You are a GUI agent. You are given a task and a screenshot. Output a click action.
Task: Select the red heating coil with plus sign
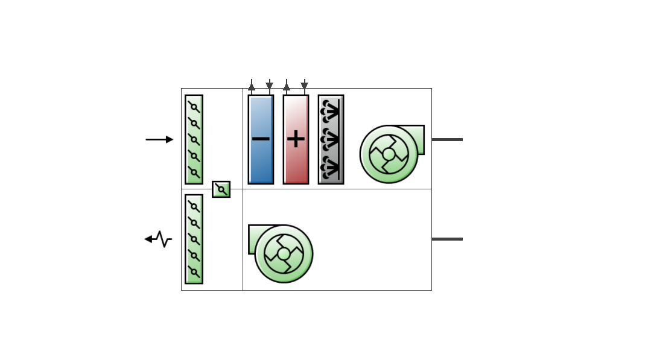(x=296, y=160)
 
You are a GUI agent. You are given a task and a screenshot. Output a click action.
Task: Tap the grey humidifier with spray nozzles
(x=331, y=139)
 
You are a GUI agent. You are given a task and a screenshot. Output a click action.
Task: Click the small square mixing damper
(x=221, y=189)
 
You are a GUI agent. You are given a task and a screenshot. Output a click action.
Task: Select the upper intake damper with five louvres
(x=194, y=139)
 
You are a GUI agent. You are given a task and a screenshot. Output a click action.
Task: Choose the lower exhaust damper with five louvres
(x=194, y=239)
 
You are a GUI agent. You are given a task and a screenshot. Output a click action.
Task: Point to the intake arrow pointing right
(x=159, y=139)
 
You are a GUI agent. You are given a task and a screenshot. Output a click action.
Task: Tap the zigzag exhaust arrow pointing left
(x=158, y=239)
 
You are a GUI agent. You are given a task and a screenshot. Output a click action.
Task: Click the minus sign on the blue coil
(x=261, y=139)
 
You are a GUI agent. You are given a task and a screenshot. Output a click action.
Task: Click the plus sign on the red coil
(x=296, y=139)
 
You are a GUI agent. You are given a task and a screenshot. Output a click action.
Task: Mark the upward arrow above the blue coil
(x=252, y=86)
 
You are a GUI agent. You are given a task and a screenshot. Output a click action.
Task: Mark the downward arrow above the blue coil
(x=269, y=86)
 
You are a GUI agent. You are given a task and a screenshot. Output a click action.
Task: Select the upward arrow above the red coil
(x=287, y=86)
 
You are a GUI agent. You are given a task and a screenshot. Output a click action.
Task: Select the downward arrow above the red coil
(x=304, y=86)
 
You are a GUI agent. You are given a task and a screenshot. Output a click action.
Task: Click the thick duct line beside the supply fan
(x=447, y=139)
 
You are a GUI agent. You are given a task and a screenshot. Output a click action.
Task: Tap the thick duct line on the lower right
(x=447, y=239)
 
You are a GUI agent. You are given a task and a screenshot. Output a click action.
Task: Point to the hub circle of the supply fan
(x=389, y=154)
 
